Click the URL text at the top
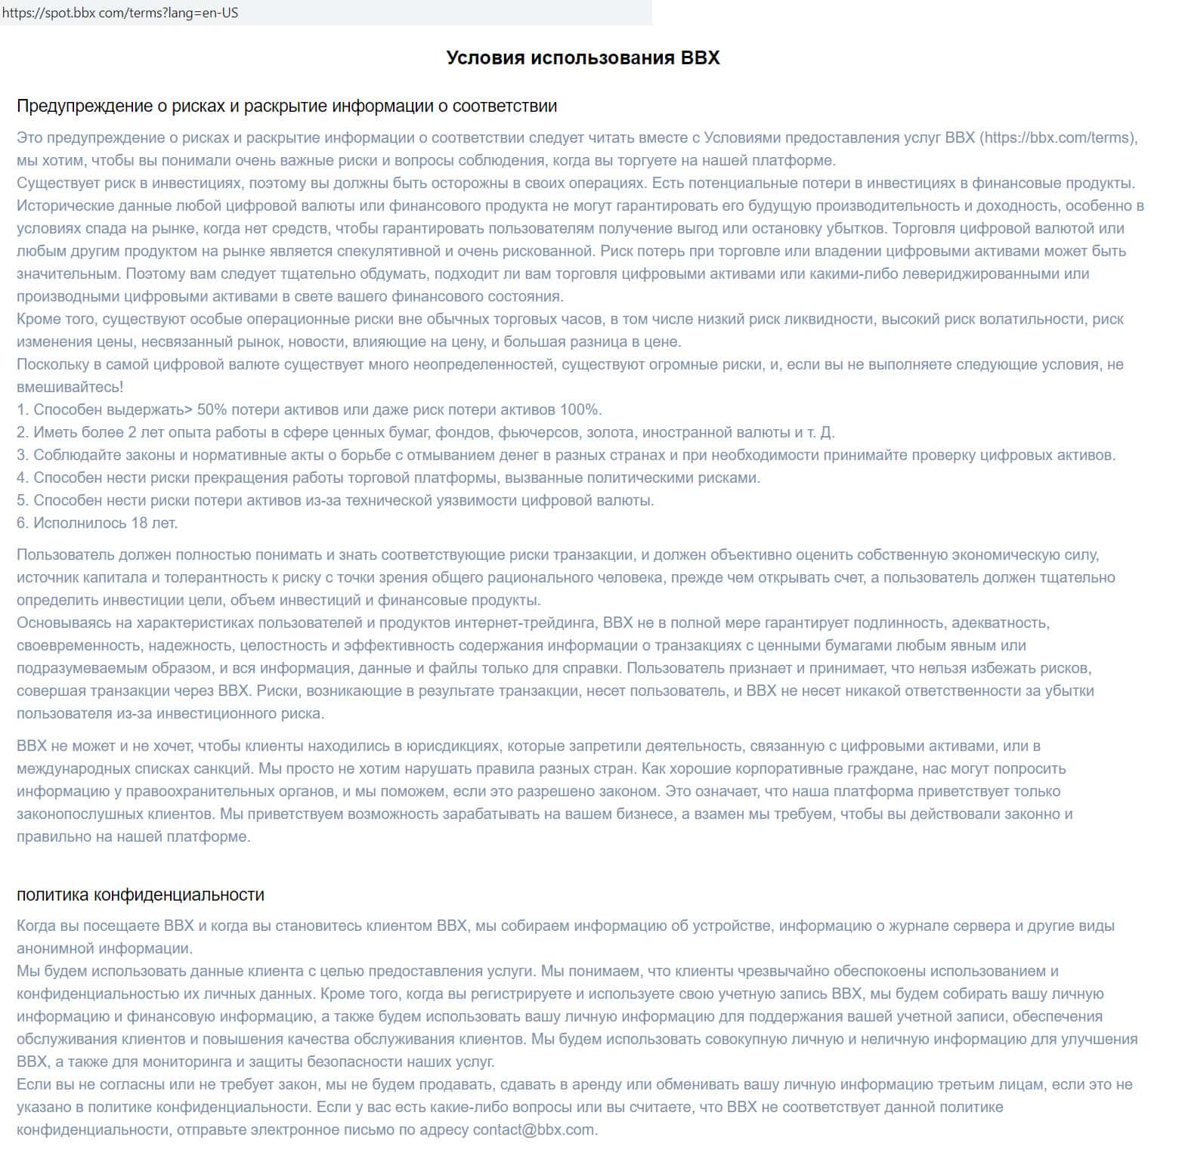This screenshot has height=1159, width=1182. coord(120,13)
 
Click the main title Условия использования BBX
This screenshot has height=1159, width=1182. coord(583,58)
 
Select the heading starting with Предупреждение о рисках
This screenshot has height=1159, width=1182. coord(286,106)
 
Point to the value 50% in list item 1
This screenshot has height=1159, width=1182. coord(212,410)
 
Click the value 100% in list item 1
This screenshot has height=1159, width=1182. coord(579,410)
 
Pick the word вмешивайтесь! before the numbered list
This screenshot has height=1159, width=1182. coord(70,387)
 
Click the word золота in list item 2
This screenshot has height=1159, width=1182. coord(610,432)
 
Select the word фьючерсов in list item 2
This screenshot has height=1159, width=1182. coord(538,432)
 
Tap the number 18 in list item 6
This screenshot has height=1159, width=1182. coord(139,523)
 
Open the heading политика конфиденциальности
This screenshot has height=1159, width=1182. coord(141,895)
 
